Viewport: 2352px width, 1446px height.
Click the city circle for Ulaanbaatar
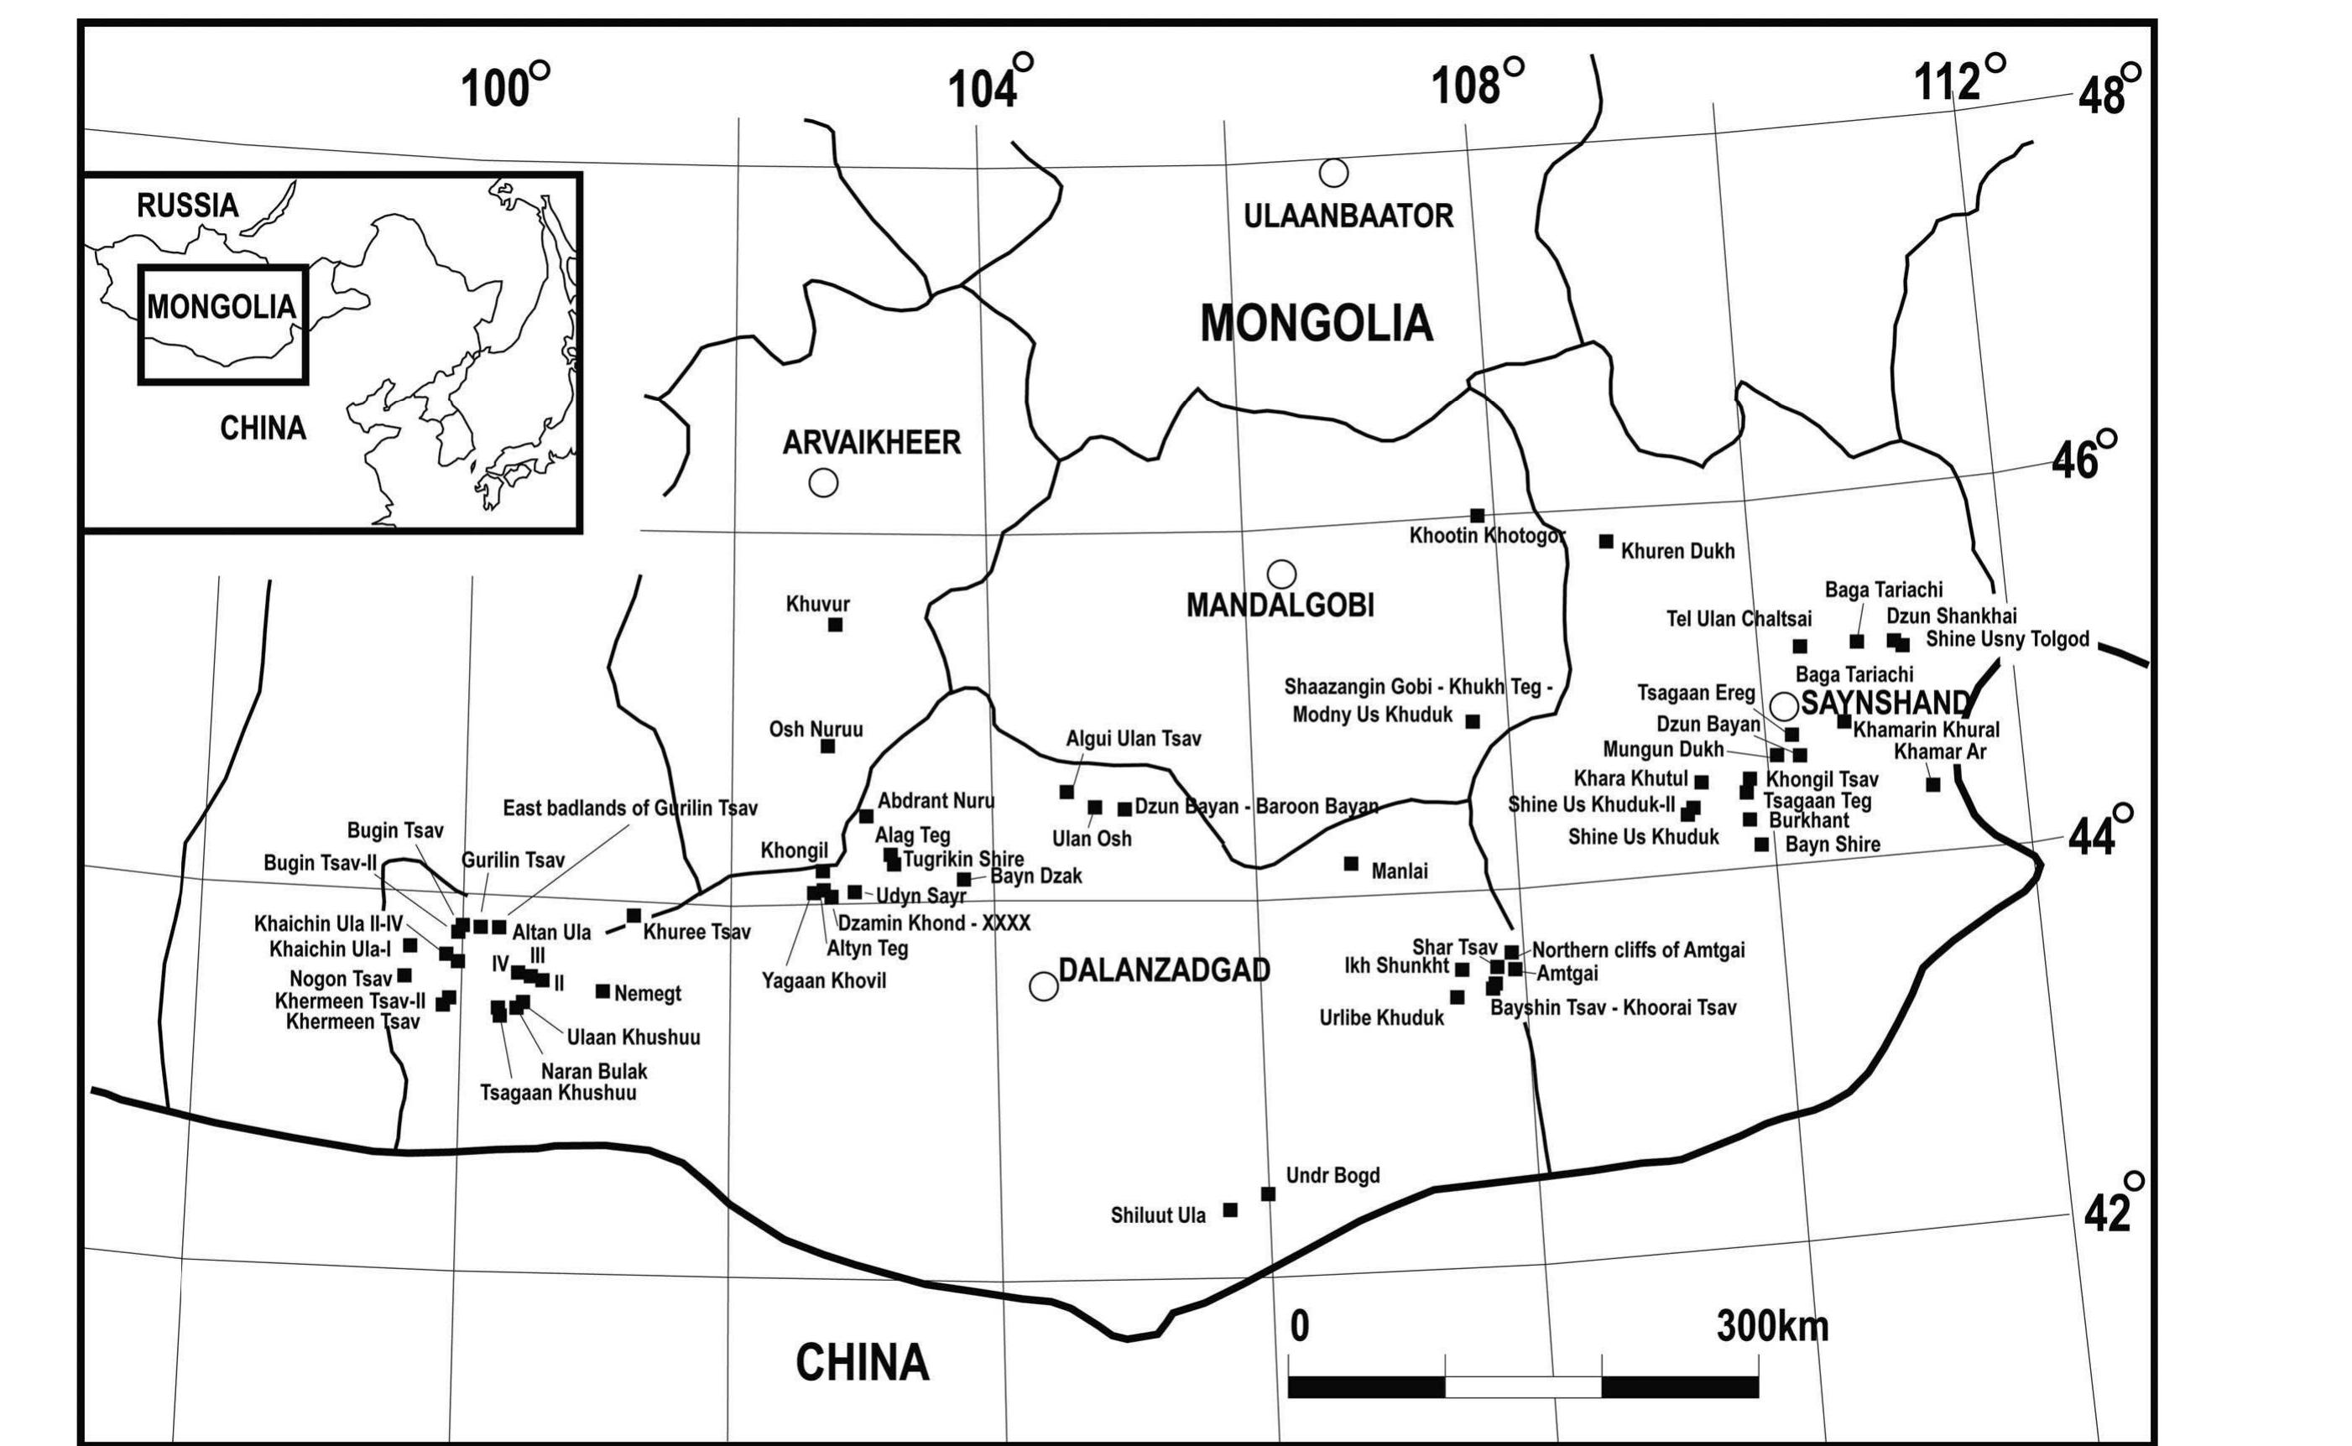click(x=1333, y=173)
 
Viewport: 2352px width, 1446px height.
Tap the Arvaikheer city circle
click(x=823, y=483)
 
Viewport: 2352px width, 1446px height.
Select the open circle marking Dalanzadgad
click(x=1044, y=987)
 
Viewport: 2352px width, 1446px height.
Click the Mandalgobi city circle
click(x=1281, y=574)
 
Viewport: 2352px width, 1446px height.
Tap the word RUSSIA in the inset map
click(x=187, y=205)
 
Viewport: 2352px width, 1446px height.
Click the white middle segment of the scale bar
click(x=1523, y=1386)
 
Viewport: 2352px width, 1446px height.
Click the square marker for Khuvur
click(x=835, y=625)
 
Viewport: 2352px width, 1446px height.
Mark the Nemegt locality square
click(x=602, y=991)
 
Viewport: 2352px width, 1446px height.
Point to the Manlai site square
click(x=1351, y=864)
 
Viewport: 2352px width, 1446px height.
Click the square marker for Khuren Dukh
click(x=1606, y=541)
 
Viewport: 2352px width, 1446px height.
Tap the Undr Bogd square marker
click(x=1268, y=1194)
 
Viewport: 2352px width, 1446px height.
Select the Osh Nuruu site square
click(x=827, y=746)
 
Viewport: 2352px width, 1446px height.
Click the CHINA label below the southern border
click(x=862, y=1363)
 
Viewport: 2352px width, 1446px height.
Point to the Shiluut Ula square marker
click(x=1230, y=1209)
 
